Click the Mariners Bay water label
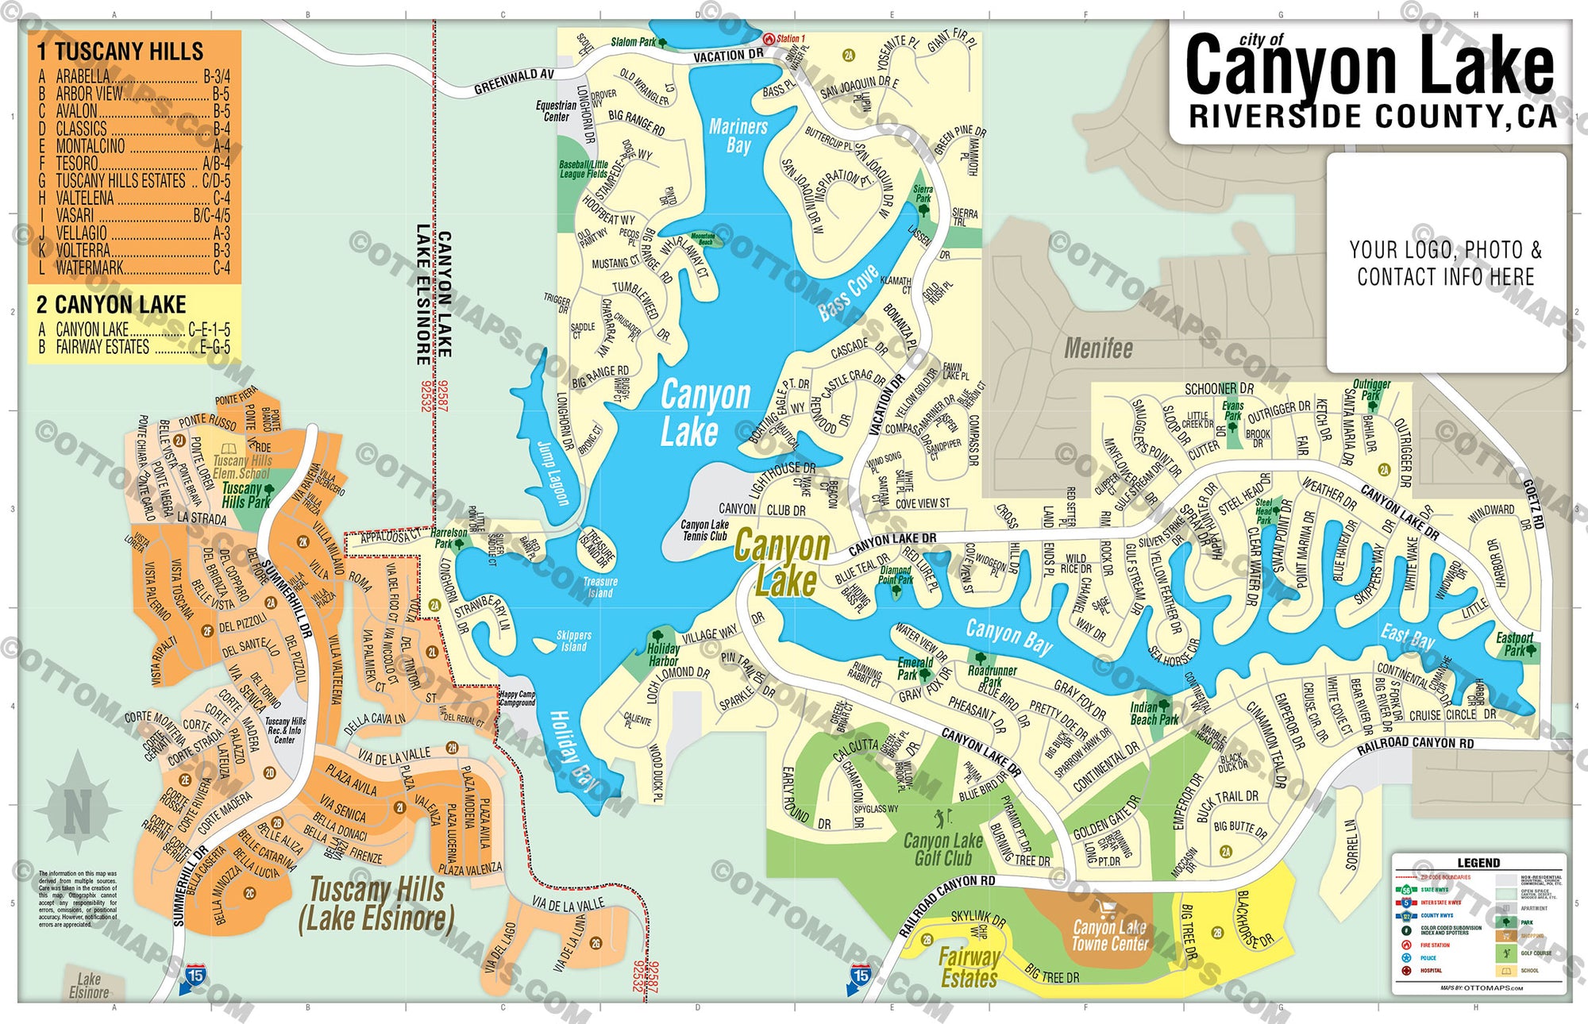tap(738, 136)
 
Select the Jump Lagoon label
tap(553, 473)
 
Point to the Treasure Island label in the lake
tap(600, 587)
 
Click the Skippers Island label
tap(573, 641)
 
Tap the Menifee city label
tap(1098, 348)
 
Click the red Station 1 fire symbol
tap(769, 38)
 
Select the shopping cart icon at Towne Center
tap(1107, 909)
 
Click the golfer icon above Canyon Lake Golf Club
tap(942, 818)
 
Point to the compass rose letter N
tap(78, 811)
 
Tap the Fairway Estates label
tap(969, 968)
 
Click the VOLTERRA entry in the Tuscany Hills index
tap(83, 250)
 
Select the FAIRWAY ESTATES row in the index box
tap(102, 347)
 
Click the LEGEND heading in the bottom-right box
tap(1478, 863)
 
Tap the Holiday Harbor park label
tap(662, 655)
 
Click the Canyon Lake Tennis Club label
tap(704, 530)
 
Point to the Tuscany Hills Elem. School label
tap(242, 466)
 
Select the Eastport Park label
tap(1514, 644)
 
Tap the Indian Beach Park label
tap(1154, 714)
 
